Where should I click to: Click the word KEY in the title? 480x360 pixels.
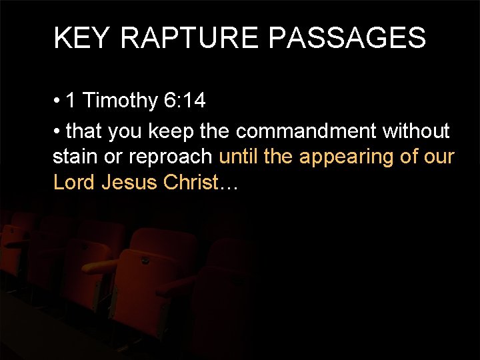pos(81,38)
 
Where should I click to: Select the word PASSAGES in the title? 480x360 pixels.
pos(347,38)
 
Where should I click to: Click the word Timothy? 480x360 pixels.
pos(120,101)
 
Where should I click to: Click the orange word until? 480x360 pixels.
pos(239,157)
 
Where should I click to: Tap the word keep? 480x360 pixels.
pos(172,131)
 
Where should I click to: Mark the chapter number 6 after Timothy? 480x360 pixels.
pos(169,101)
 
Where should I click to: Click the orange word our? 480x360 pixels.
pos(440,158)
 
